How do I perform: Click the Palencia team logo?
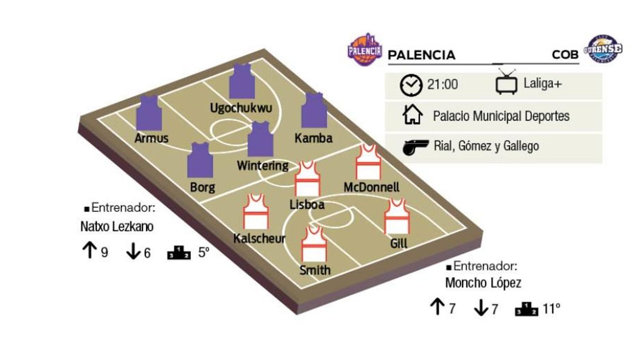tap(364, 50)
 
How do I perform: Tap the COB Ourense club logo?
tap(603, 50)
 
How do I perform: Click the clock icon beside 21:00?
tap(411, 85)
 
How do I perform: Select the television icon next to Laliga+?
tap(506, 82)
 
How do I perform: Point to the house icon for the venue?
tap(412, 115)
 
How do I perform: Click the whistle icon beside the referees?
tap(416, 147)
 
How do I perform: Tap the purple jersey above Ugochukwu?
tap(242, 82)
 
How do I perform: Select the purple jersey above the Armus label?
tap(149, 113)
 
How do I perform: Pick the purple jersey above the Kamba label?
tap(314, 111)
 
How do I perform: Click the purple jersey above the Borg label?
tap(200, 160)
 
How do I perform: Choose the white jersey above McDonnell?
tap(368, 162)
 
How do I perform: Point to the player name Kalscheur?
tap(259, 238)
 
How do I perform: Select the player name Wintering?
tap(262, 166)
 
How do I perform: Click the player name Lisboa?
tap(307, 204)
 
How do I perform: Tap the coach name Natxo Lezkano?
tap(117, 226)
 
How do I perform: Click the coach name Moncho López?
tap(483, 283)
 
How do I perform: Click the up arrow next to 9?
tap(90, 251)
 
